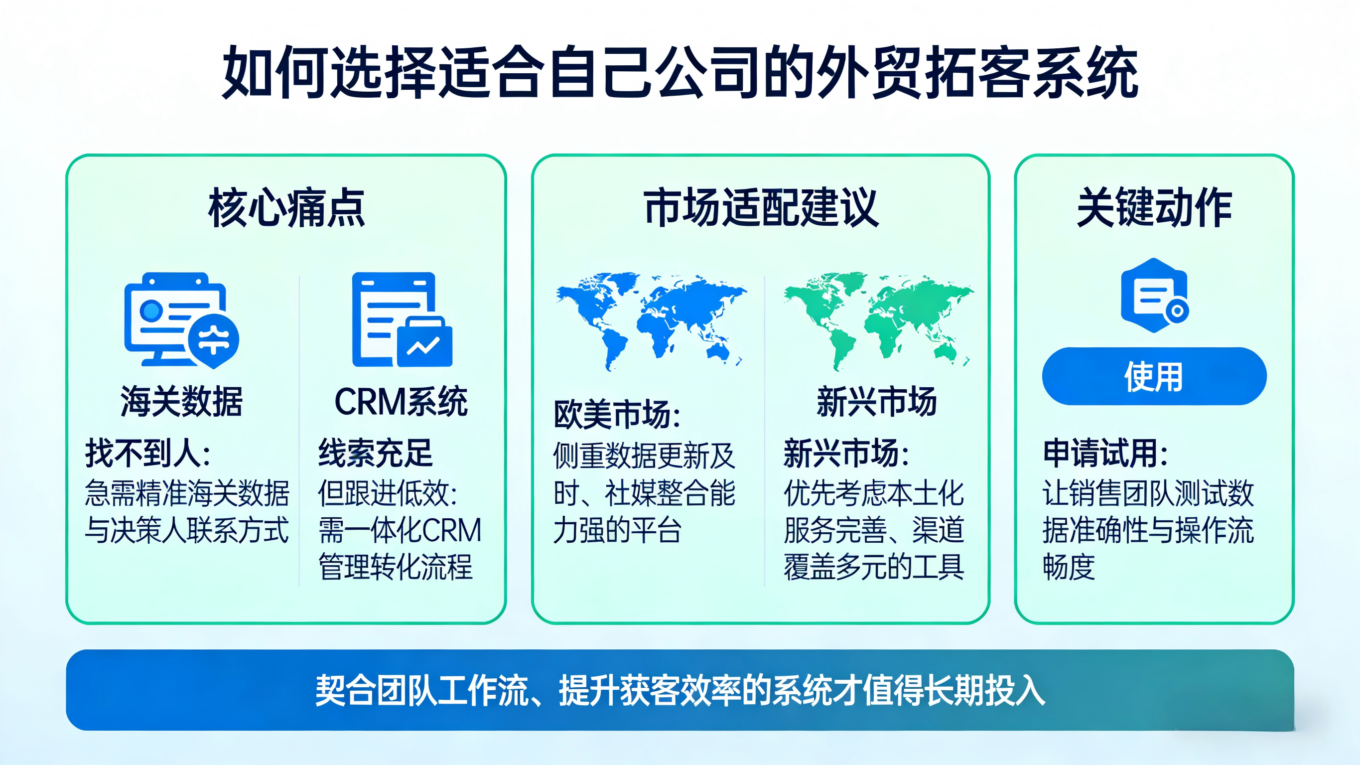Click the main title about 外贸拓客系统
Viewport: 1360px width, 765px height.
coord(680,72)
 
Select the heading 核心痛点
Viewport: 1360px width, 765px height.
coord(286,208)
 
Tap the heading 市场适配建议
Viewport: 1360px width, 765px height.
coord(761,208)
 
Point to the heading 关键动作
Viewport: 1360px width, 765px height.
coord(1154,208)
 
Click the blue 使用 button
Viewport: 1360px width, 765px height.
coord(1154,376)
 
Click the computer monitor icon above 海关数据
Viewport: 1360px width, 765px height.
coord(181,320)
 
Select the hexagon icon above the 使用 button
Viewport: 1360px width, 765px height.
coord(1155,296)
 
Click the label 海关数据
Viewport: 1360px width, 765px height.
coord(182,402)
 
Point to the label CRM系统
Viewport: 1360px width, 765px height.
coord(401,402)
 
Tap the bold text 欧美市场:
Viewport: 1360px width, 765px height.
coord(617,414)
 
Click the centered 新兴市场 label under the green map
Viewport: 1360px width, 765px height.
coord(877,402)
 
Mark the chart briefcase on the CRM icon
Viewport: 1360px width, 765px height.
coord(424,342)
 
